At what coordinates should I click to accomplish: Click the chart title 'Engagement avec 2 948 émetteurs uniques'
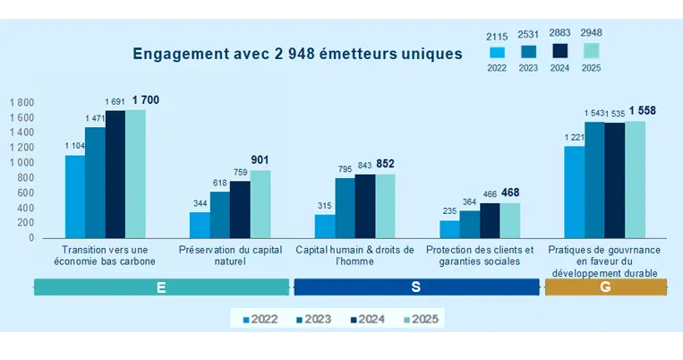pyautogui.click(x=297, y=54)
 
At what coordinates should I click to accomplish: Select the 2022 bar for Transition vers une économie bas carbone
pyautogui.click(x=74, y=196)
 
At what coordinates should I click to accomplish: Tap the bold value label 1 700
pyautogui.click(x=145, y=100)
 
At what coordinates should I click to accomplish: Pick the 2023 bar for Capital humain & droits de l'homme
pyautogui.click(x=345, y=208)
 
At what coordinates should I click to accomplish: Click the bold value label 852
pyautogui.click(x=386, y=164)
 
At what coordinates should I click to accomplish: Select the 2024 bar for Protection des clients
pyautogui.click(x=490, y=220)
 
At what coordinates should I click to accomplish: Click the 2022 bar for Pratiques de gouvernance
pyautogui.click(x=574, y=192)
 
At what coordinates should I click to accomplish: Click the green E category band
pyautogui.click(x=161, y=287)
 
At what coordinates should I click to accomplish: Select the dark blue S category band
pyautogui.click(x=416, y=287)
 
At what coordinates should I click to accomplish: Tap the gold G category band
pyautogui.click(x=606, y=287)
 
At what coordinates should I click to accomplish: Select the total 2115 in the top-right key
pyautogui.click(x=499, y=36)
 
